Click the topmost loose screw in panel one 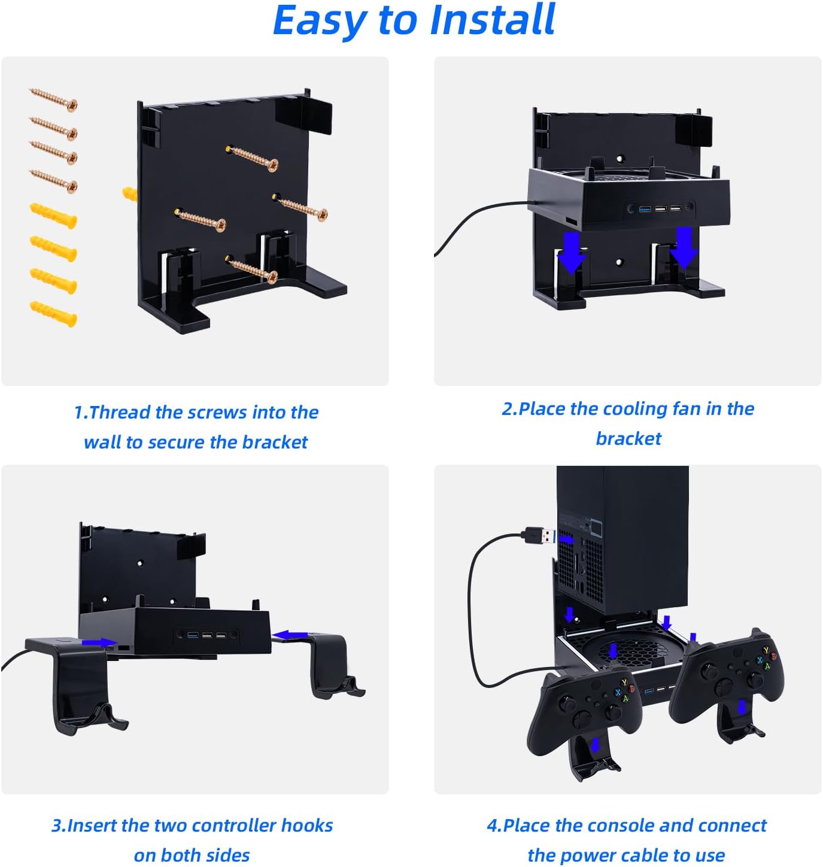click(x=54, y=99)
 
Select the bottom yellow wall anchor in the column click(x=54, y=314)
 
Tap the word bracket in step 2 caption click(x=628, y=438)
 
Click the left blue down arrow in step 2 click(x=571, y=253)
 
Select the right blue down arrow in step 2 click(x=684, y=247)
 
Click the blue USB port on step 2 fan click(x=645, y=208)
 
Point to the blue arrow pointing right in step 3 click(x=99, y=642)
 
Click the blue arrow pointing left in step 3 click(x=290, y=635)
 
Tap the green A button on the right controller click(x=767, y=666)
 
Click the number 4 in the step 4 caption click(x=492, y=826)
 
